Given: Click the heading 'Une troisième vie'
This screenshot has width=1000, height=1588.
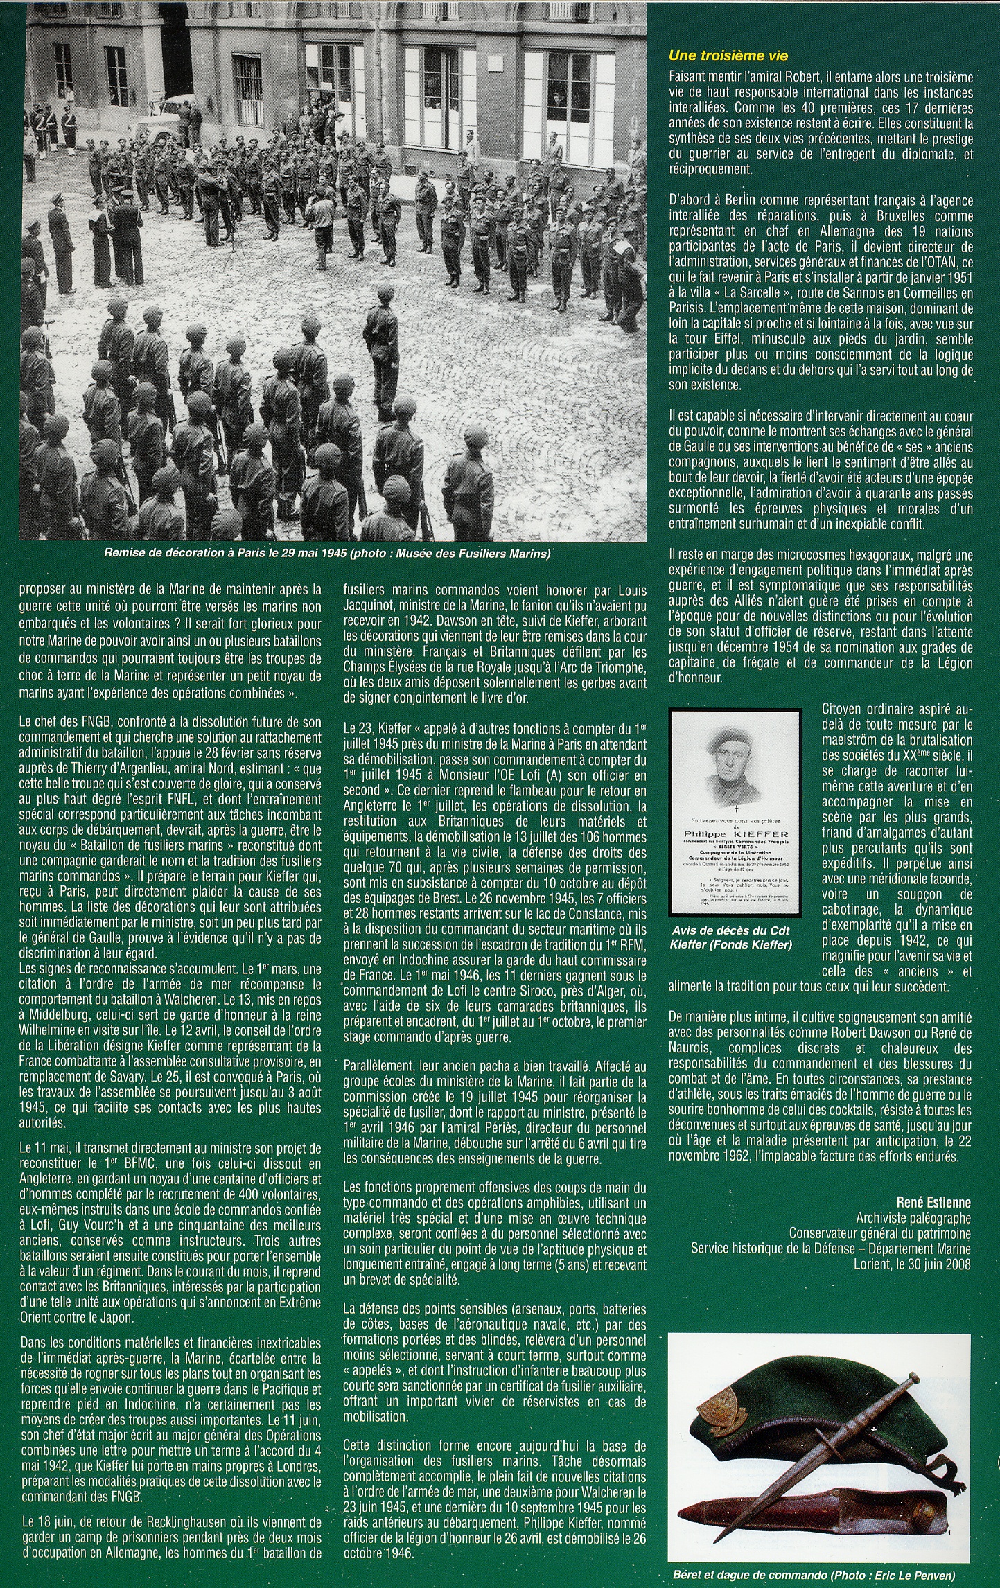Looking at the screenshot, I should pyautogui.click(x=728, y=55).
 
